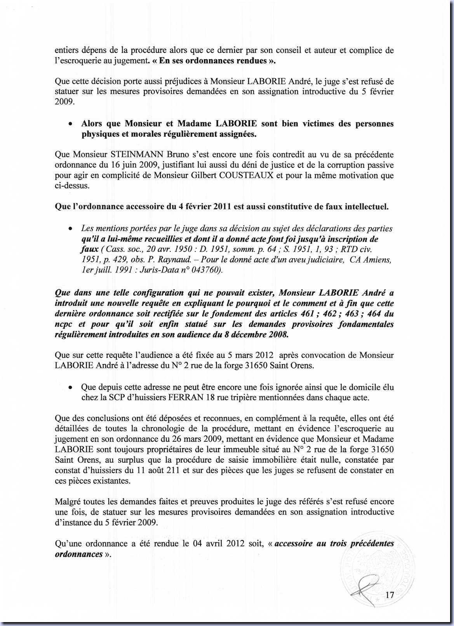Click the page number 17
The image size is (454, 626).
click(390, 595)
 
